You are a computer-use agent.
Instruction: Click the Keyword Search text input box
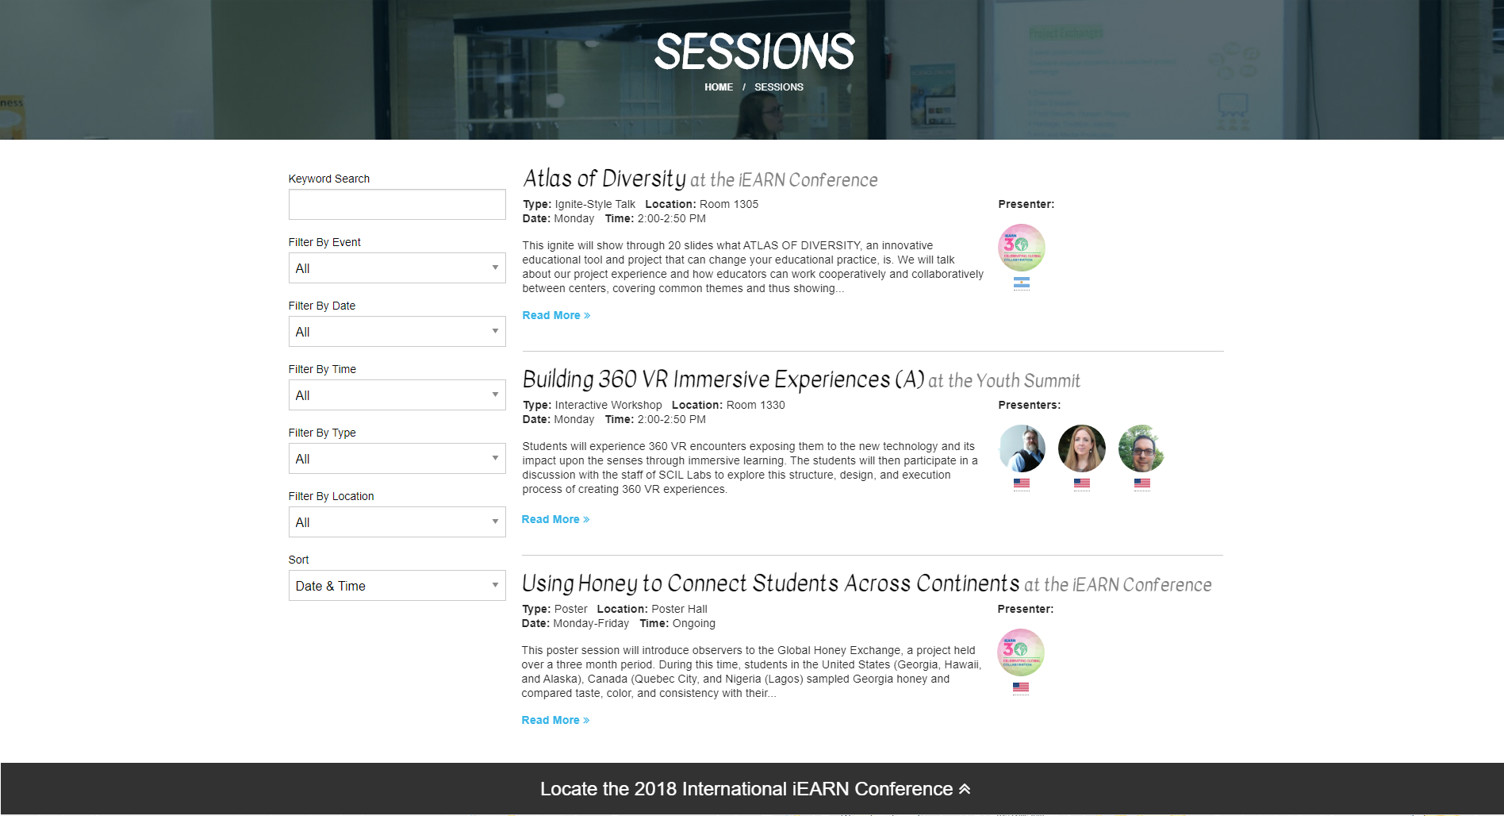click(397, 204)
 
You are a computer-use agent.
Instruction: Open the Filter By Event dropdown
click(397, 268)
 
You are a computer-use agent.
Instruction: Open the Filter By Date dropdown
click(397, 331)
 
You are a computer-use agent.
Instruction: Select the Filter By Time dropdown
click(397, 395)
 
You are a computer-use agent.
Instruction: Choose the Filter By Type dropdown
click(397, 458)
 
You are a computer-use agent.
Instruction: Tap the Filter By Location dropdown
click(397, 522)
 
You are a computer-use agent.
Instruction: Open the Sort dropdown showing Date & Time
click(397, 585)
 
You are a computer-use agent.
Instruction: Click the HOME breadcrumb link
click(719, 87)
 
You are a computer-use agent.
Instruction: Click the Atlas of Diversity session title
click(604, 179)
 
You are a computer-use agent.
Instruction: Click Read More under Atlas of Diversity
click(556, 315)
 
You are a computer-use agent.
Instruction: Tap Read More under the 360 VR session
click(555, 519)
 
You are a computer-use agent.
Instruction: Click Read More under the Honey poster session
click(555, 720)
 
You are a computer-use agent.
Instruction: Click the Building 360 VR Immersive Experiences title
click(723, 379)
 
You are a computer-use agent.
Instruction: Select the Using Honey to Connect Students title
click(770, 583)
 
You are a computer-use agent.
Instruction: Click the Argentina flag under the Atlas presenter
click(1022, 283)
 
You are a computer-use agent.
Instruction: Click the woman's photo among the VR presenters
click(1082, 448)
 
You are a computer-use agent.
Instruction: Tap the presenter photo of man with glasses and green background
click(1141, 448)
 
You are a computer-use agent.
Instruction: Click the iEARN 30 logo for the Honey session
click(1021, 652)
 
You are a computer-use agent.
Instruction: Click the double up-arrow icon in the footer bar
click(965, 789)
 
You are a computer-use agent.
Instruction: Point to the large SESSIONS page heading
click(754, 52)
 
